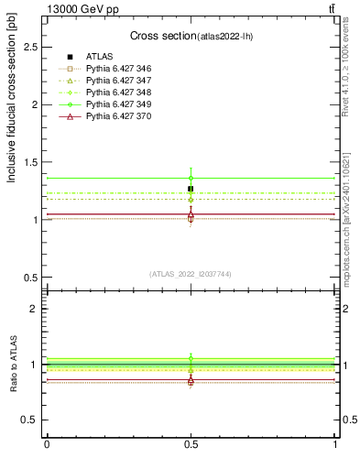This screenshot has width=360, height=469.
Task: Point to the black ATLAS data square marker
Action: click(191, 189)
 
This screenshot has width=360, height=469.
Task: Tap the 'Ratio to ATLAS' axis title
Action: click(12, 365)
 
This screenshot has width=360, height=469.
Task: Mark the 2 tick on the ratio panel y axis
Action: click(36, 309)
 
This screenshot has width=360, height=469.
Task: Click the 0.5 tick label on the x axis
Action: click(191, 444)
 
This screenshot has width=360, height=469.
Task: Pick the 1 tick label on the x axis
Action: click(335, 444)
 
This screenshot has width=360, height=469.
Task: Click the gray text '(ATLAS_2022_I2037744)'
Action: click(191, 274)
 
